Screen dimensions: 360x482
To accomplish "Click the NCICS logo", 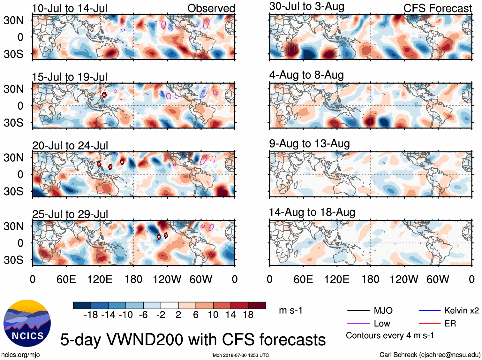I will [27, 323].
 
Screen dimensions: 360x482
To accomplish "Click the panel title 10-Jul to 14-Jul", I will [70, 8].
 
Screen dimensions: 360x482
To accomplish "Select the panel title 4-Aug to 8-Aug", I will [306, 75].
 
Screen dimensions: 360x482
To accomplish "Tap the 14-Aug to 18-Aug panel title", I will [312, 212].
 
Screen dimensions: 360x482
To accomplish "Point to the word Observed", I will [211, 8].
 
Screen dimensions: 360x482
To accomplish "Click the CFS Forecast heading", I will [437, 8].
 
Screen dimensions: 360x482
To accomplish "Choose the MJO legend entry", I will [383, 310].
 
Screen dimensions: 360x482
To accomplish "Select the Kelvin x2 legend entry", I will [461, 310].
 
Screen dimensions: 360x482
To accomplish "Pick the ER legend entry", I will [450, 324].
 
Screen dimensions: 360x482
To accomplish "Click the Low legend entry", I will [382, 324].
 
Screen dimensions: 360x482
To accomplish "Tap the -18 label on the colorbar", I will [91, 315].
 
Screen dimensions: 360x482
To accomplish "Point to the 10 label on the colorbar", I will [213, 315].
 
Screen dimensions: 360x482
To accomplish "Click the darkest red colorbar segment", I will [257, 305].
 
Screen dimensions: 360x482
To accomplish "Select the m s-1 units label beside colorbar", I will [290, 310].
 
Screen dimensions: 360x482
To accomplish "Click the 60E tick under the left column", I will [66, 280].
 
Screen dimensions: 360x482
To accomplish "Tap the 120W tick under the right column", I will [404, 280].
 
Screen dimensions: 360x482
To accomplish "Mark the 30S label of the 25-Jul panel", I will [13, 260].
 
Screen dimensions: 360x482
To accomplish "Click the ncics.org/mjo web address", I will [20, 355].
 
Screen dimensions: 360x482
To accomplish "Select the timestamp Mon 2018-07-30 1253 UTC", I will [241, 355].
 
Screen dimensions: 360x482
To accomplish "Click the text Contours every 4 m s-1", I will [390, 336].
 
